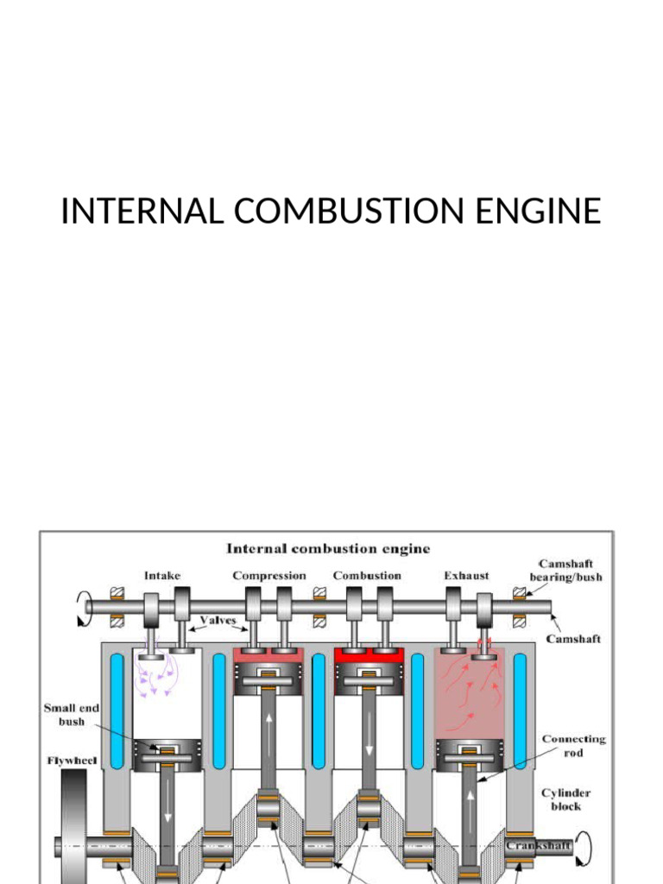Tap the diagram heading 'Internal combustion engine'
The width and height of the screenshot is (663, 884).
tap(328, 548)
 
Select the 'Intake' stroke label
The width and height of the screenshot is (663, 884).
tap(162, 576)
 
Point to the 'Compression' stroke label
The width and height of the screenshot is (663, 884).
tap(268, 576)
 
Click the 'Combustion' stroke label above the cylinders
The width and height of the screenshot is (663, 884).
tap(367, 576)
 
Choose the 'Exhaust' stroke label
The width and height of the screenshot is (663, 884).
tap(466, 576)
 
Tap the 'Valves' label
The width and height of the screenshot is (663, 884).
tap(218, 620)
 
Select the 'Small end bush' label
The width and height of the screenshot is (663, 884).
tap(71, 715)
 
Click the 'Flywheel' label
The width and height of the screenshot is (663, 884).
tap(72, 761)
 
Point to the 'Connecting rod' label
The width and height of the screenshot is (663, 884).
tap(573, 746)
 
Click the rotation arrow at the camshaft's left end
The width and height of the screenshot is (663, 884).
tap(82, 608)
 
